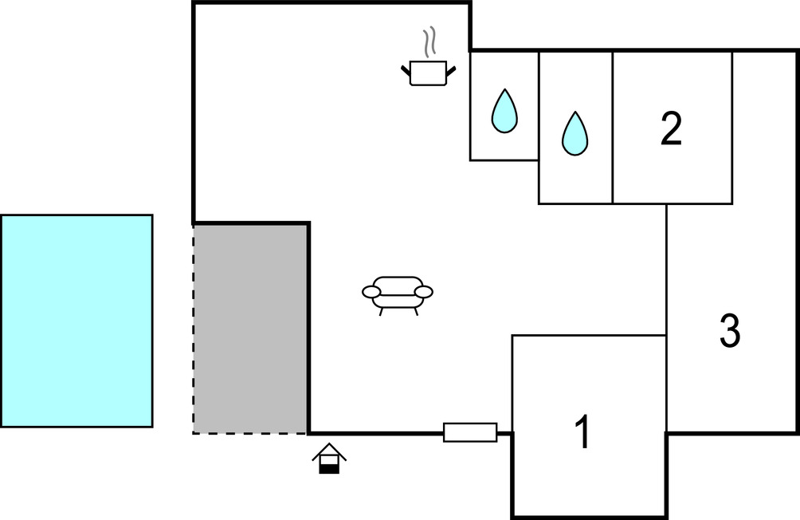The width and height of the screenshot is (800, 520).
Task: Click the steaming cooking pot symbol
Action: click(x=428, y=73)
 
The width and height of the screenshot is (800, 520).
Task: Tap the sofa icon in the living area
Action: click(x=398, y=293)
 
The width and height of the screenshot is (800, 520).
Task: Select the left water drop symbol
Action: click(x=504, y=111)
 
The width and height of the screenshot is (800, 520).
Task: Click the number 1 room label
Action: click(x=583, y=433)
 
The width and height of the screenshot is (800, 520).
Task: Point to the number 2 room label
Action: click(x=671, y=129)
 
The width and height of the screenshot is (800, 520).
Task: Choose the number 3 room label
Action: click(x=729, y=331)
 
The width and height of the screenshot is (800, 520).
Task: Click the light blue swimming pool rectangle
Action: click(x=76, y=321)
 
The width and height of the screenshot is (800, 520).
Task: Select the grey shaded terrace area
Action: click(x=251, y=329)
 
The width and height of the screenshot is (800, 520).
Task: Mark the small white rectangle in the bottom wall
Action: click(x=470, y=432)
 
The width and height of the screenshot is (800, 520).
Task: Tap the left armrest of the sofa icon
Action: click(x=371, y=293)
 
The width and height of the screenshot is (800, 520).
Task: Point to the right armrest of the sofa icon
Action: click(x=424, y=292)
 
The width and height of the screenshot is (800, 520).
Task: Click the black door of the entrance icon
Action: click(x=329, y=468)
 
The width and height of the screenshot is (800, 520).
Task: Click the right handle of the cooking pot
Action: click(x=451, y=72)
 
